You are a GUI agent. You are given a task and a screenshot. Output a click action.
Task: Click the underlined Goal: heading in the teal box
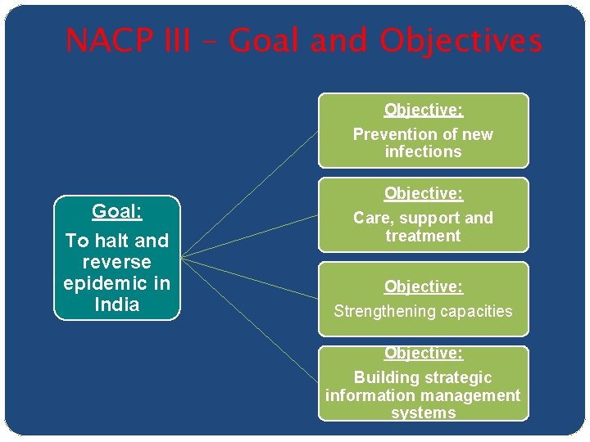point(116,211)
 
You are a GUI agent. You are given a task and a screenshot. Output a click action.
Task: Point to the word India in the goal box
point(116,304)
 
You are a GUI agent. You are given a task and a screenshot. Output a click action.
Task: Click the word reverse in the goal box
point(116,262)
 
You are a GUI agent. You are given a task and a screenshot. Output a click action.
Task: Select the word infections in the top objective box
point(423,151)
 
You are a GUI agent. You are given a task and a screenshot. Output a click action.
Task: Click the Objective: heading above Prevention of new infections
point(423,110)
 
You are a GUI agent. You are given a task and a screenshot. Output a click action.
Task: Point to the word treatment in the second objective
point(423,236)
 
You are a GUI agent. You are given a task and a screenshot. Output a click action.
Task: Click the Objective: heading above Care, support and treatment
point(423,194)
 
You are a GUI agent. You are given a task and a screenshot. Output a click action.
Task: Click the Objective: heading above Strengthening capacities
point(423,286)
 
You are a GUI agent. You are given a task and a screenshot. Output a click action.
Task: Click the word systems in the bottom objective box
point(423,413)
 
